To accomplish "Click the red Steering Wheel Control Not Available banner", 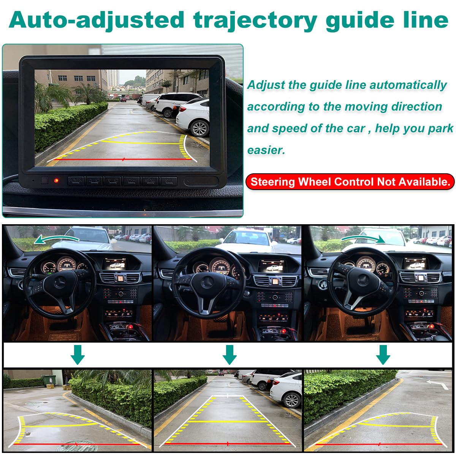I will click(x=350, y=182).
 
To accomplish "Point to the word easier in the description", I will click(x=266, y=150).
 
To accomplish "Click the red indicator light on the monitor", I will click(x=56, y=180).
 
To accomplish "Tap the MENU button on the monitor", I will click(x=150, y=181).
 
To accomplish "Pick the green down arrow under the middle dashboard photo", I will click(x=229, y=355).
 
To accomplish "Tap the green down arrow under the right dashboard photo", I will click(x=383, y=355).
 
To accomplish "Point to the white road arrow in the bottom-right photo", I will click(x=437, y=384).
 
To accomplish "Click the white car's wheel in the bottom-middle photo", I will click(x=292, y=400).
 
